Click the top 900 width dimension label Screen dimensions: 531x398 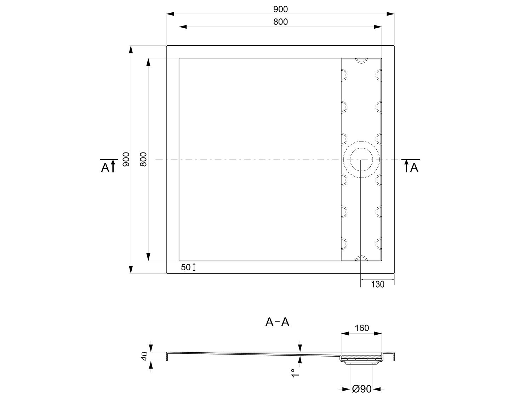pyautogui.click(x=280, y=9)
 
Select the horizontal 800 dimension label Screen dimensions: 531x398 pyautogui.click(x=280, y=22)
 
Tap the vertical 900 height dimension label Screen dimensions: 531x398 pyautogui.click(x=126, y=159)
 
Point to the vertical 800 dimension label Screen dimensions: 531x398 pyautogui.click(x=143, y=159)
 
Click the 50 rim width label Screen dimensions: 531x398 pyautogui.click(x=185, y=267)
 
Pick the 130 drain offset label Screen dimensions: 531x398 pyautogui.click(x=378, y=284)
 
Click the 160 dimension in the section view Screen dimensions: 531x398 pyautogui.click(x=362, y=328)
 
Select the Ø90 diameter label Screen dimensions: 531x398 pyautogui.click(x=362, y=389)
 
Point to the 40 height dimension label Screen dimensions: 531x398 pyautogui.click(x=144, y=357)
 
